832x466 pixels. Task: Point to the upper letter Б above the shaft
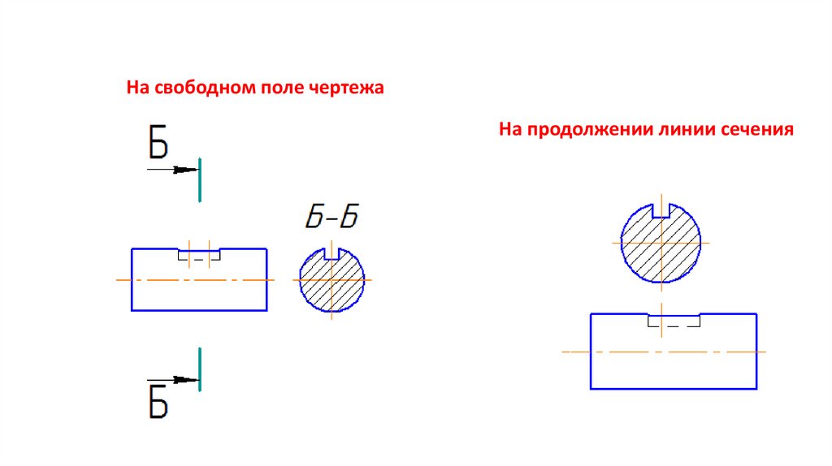point(158,143)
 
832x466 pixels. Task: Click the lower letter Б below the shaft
point(158,402)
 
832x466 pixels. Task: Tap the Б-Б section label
point(332,218)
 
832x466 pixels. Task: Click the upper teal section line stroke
point(200,179)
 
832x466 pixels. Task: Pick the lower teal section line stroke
point(200,369)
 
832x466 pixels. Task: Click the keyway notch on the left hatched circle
point(331,253)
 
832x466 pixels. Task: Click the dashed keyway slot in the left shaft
point(199,256)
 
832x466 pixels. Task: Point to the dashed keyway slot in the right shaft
point(674,321)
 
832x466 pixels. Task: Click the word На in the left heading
point(136,87)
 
